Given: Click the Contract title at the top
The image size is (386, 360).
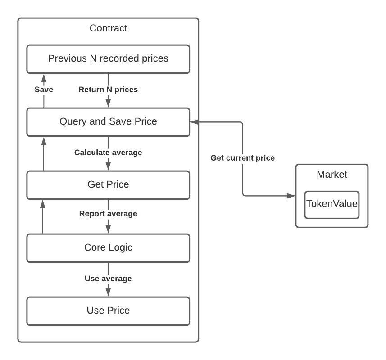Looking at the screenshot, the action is point(108,28).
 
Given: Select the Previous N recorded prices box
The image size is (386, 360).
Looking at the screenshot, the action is point(108,59).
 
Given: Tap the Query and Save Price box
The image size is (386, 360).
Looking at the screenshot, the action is point(108,122).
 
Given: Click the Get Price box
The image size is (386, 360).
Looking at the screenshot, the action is point(108,185).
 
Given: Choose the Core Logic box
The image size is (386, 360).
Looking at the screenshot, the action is point(108,248).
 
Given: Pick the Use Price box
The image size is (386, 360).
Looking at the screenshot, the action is point(108,311).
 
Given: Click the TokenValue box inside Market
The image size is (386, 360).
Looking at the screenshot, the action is point(332,205).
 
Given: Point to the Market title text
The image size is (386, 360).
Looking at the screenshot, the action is point(332,174).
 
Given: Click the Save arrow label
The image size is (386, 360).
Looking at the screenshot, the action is point(44,90).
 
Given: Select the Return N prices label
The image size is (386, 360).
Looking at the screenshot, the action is point(108,90).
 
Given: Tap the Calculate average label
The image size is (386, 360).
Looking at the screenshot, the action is point(108,153).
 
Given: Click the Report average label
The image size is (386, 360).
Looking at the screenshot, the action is point(108,213).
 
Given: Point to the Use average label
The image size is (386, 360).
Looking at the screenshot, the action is point(108,279).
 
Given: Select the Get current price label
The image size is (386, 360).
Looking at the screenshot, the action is point(242,158).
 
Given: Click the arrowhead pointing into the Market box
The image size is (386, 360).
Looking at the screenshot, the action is point(291,196).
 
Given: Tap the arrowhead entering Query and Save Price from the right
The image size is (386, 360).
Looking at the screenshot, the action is point(194,122).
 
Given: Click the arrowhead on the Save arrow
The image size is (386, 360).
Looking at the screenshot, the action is point(44,78).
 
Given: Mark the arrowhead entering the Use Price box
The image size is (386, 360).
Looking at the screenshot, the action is point(108,292).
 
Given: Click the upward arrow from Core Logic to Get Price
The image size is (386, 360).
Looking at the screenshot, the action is point(43,216).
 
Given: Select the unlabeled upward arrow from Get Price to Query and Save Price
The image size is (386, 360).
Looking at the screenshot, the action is point(44,154).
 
